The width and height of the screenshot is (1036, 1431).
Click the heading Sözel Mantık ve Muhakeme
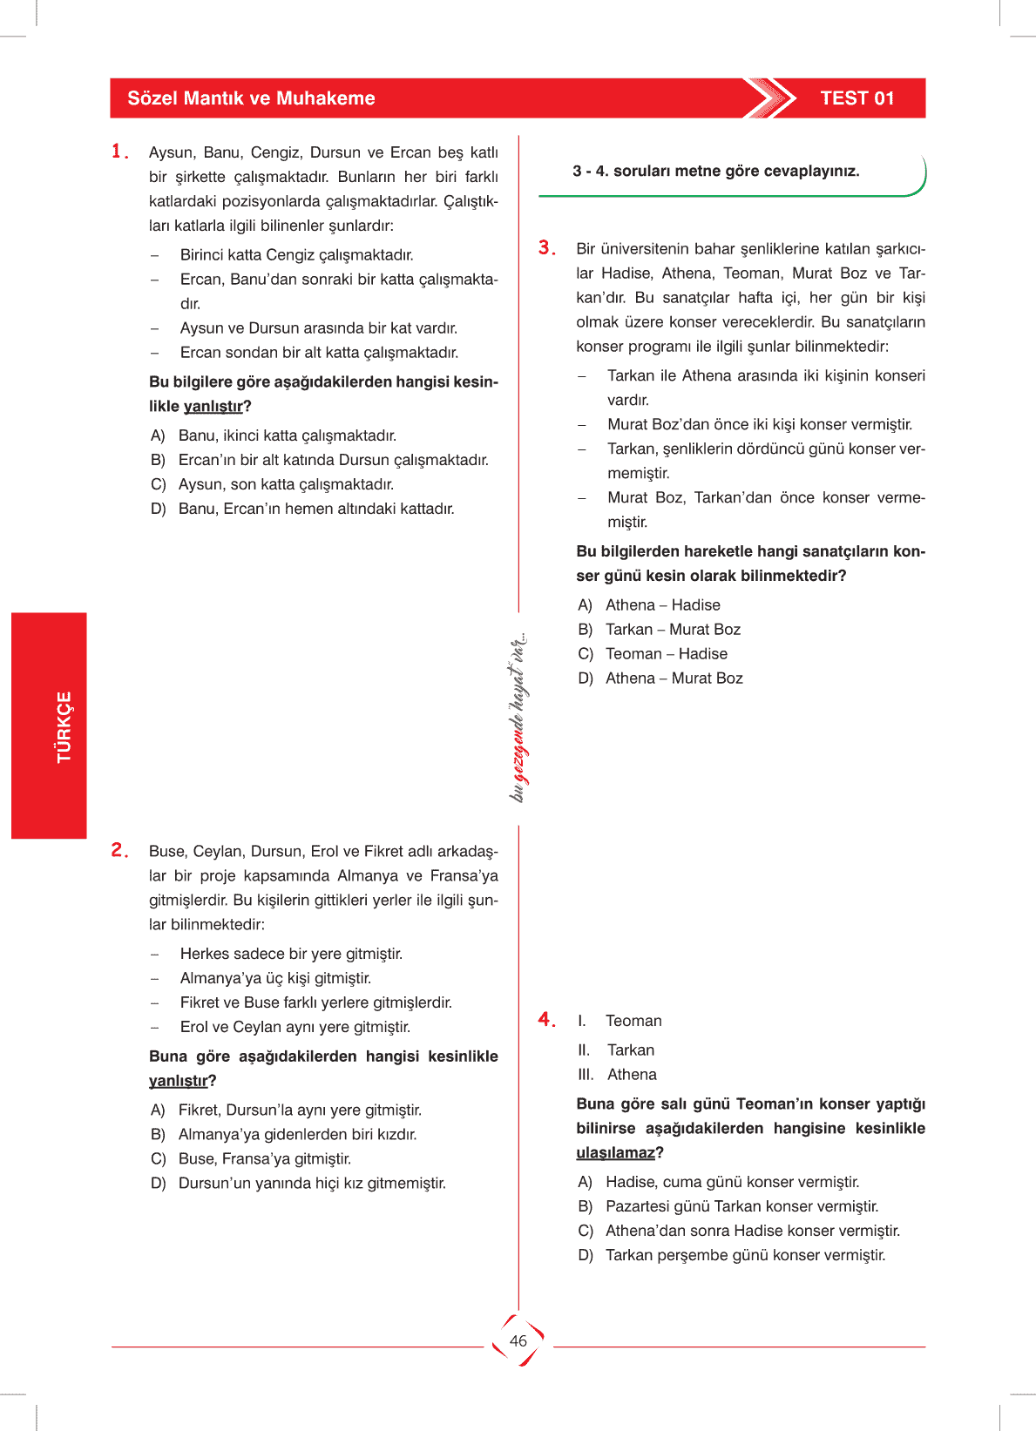[251, 98]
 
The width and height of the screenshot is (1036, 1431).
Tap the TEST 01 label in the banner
[857, 98]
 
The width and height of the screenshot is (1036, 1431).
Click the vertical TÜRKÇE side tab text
[64, 726]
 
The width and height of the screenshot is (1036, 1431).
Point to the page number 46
[518, 1340]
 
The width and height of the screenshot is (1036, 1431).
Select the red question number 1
[119, 152]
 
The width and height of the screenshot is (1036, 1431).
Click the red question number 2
[119, 850]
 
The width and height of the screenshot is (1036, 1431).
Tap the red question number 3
[546, 248]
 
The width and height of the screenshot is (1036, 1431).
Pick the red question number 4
[546, 1019]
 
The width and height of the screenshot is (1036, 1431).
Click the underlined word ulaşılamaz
[615, 1153]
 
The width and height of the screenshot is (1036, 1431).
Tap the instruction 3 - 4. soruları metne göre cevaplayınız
[715, 172]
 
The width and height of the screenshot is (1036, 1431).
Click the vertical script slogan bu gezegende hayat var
[518, 716]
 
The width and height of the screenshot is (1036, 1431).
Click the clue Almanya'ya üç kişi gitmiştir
[275, 979]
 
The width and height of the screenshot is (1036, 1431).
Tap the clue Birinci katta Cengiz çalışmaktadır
[296, 255]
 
